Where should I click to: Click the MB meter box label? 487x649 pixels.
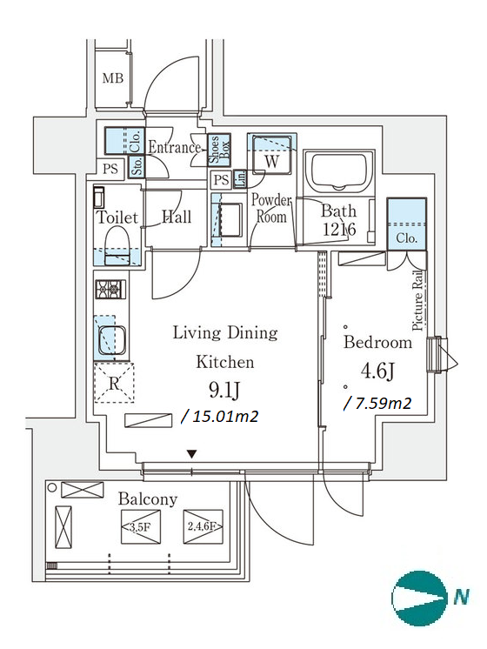(112, 77)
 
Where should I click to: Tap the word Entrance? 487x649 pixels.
(174, 147)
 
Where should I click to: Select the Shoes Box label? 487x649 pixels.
(219, 150)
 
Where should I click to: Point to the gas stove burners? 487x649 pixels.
(110, 289)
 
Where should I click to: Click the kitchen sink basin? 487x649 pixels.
(111, 340)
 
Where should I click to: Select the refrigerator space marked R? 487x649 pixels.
(114, 383)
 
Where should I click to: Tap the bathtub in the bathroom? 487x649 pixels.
(339, 171)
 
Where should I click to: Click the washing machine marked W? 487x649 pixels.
(271, 155)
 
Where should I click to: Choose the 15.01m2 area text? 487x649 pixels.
(220, 416)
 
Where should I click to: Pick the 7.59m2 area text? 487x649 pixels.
(377, 403)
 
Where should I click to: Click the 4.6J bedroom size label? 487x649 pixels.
(377, 371)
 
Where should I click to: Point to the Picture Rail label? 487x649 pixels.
(418, 300)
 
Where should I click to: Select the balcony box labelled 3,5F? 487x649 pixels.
(141, 526)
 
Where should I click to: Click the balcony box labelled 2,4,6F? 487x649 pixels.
(203, 526)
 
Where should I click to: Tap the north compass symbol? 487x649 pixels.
(419, 598)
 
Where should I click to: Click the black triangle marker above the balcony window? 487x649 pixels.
(191, 454)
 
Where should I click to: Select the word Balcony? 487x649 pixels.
(148, 499)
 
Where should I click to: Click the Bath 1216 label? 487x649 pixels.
(339, 220)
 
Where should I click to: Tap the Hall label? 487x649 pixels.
(177, 217)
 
